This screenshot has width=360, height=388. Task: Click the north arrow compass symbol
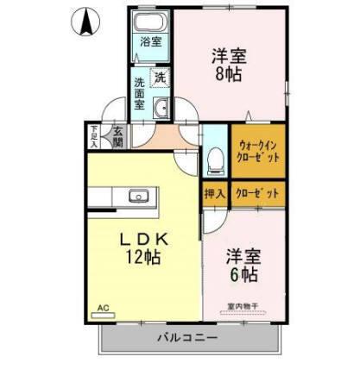coord(87,24)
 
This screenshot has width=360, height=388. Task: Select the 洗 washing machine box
coord(161,78)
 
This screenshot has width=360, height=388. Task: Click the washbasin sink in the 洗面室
coord(161,108)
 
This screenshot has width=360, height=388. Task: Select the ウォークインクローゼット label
coord(256,153)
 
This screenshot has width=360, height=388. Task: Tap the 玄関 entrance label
coord(117,136)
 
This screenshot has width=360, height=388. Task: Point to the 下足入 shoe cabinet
coord(95,136)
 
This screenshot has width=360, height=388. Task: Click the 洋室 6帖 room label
coord(244,266)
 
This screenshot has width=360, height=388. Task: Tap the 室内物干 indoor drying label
coord(244,304)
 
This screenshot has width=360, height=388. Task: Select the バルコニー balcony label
coord(187,337)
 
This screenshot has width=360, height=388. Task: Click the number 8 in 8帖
coord(222,73)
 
